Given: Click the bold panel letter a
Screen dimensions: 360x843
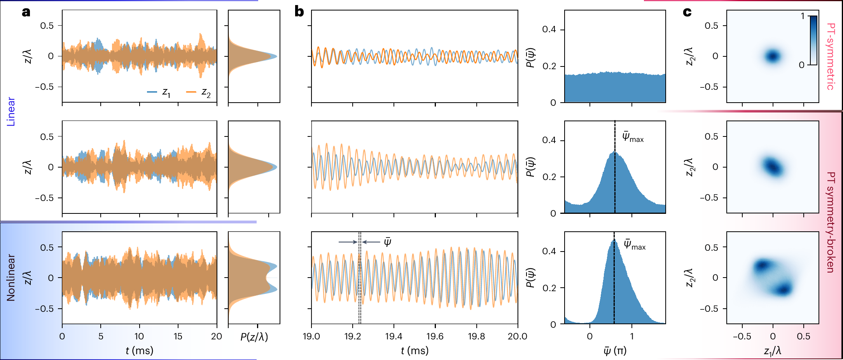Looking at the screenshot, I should tap(26, 12).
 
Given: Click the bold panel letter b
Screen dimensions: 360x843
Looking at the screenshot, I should tap(299, 12).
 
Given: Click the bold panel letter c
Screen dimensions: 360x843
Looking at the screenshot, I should tap(687, 12).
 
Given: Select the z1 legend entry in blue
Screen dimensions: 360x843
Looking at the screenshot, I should tap(159, 92).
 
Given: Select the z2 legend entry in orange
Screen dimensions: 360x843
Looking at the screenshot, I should tap(199, 92).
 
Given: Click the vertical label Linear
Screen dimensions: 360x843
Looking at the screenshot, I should tap(11, 112).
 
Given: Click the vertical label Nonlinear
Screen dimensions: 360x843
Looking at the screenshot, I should tap(11, 278).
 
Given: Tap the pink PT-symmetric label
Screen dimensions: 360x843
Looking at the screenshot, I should tap(830, 56).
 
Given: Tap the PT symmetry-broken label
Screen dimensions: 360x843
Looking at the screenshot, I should tap(830, 222).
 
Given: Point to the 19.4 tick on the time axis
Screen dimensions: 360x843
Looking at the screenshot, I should tap(394, 336).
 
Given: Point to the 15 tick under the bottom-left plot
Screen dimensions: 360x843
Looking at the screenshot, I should tap(178, 336).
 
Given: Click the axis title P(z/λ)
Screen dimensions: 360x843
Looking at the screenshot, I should tap(254, 337).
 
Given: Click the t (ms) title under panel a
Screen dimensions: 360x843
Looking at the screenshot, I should tap(139, 351).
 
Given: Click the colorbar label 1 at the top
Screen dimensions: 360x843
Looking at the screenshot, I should tap(802, 16).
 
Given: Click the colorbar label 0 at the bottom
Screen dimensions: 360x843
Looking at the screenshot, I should tap(801, 65).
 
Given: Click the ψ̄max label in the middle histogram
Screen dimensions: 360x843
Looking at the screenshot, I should tap(633, 137).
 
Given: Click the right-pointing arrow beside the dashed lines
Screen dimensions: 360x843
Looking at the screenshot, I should tap(348, 242).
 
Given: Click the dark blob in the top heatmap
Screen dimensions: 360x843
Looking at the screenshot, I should tap(773, 56).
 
